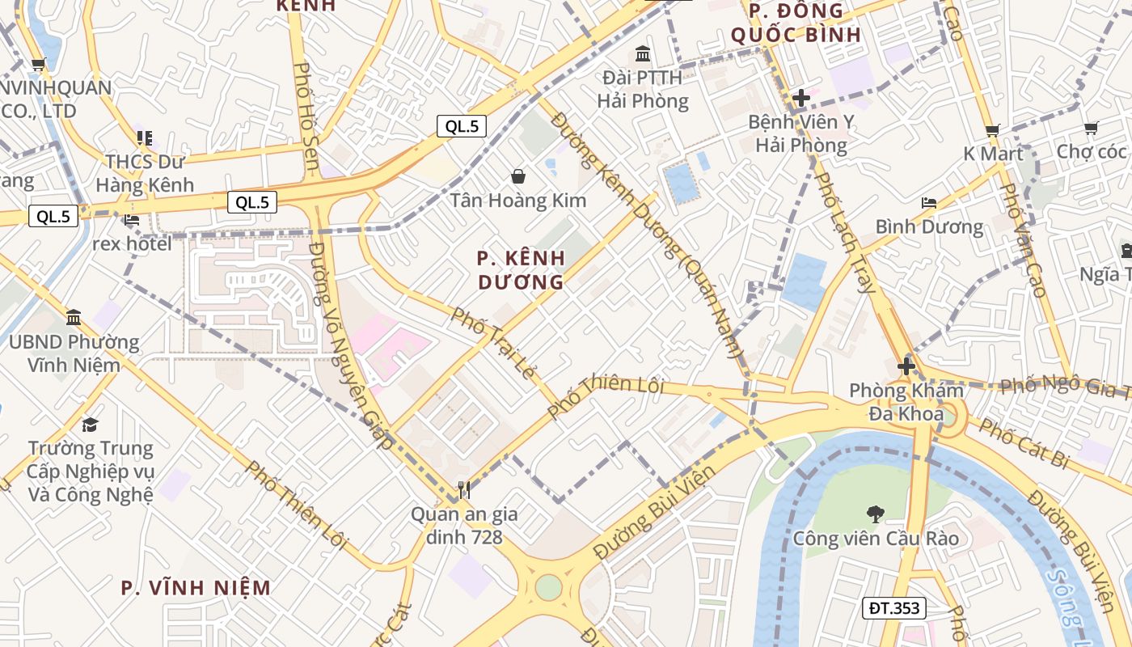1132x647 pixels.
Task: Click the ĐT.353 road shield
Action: coord(893,608)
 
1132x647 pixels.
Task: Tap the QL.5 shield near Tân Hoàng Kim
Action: coord(462,126)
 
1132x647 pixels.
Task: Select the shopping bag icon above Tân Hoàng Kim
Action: coord(517,175)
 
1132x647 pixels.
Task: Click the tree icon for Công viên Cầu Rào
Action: coord(874,513)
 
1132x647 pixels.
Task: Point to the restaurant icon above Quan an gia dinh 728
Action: coord(463,489)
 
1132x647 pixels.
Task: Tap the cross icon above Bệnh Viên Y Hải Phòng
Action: coord(800,98)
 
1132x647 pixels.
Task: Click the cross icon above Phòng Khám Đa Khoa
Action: coord(906,366)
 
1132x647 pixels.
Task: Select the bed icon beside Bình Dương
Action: coord(929,203)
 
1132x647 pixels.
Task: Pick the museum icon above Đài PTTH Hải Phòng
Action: coord(643,54)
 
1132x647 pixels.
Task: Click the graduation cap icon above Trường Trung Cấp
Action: coord(90,425)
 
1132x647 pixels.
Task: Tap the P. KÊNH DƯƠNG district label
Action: coord(521,270)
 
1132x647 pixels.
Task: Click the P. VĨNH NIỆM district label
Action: coord(196,588)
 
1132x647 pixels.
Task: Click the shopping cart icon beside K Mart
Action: coord(992,129)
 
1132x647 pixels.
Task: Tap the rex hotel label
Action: coord(132,243)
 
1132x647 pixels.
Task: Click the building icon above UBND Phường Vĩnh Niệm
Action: coord(74,317)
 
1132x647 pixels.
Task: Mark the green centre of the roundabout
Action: coord(548,587)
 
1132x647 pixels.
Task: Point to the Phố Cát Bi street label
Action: coord(1024,443)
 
